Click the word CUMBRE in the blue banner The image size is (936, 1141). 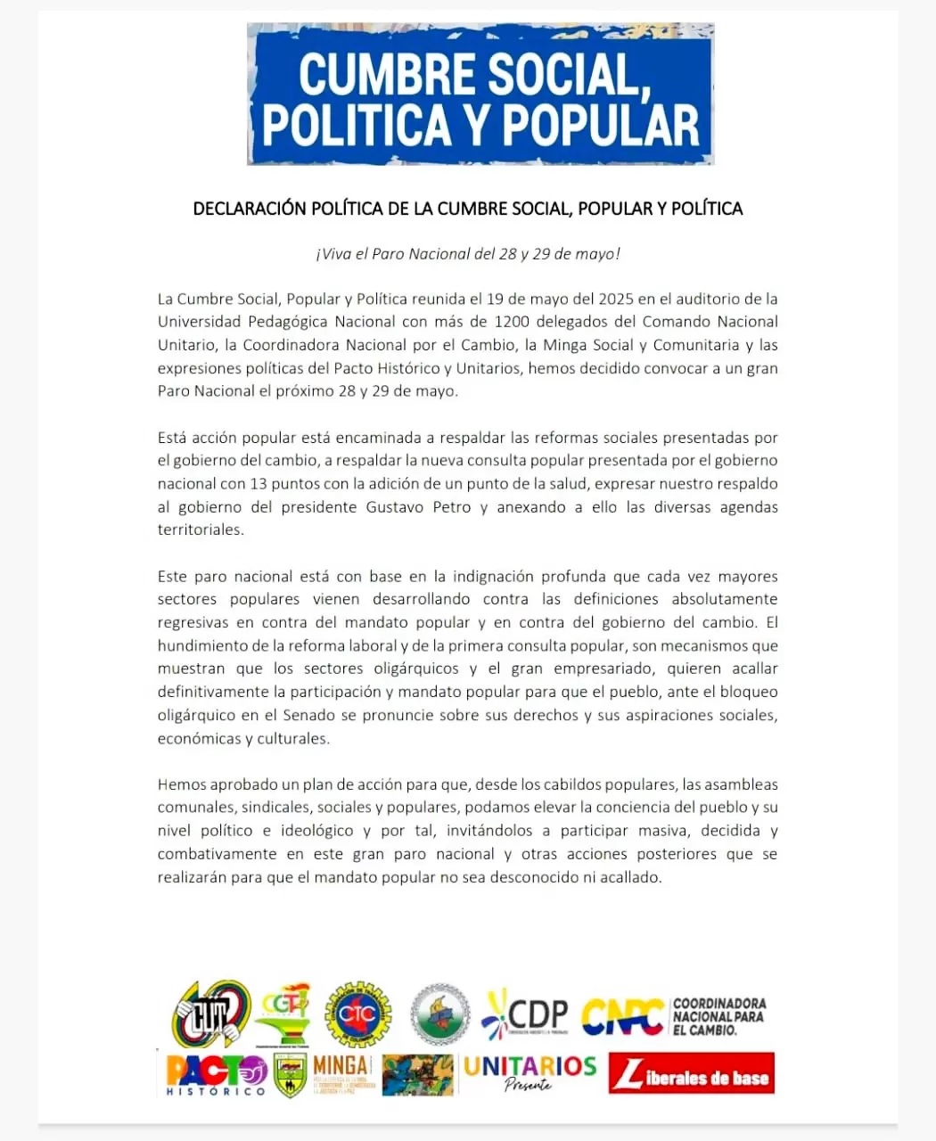pyautogui.click(x=387, y=74)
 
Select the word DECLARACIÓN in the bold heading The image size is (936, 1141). pyautogui.click(x=249, y=209)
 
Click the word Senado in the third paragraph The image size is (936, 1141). pyautogui.click(x=308, y=715)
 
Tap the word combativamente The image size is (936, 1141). pyautogui.click(x=218, y=854)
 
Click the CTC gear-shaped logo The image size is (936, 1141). pyautogui.click(x=357, y=1014)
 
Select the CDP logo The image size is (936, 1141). pyautogui.click(x=525, y=1014)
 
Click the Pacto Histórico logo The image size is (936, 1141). pyautogui.click(x=217, y=1074)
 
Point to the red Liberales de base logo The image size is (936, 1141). pyautogui.click(x=692, y=1074)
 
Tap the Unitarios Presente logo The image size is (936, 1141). pyautogui.click(x=530, y=1072)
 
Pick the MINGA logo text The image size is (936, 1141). pyautogui.click(x=341, y=1065)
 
